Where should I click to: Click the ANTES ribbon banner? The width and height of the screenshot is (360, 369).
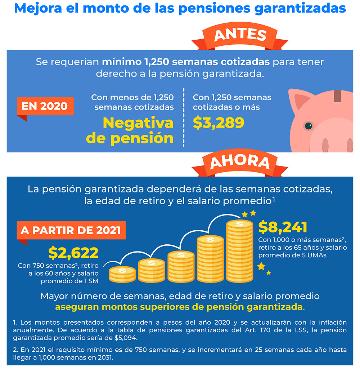(x=240, y=35)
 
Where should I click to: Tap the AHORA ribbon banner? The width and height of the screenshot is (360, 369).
(x=240, y=163)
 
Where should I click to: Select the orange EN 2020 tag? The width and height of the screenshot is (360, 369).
(x=45, y=106)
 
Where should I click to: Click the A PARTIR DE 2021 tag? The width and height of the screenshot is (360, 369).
(x=71, y=230)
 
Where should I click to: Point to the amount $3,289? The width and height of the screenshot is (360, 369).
(x=219, y=123)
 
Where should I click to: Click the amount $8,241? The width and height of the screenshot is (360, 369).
(x=283, y=227)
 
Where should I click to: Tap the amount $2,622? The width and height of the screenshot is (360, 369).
(x=73, y=253)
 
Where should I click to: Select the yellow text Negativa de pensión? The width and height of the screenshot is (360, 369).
(x=138, y=130)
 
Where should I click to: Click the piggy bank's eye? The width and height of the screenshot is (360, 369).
(x=308, y=126)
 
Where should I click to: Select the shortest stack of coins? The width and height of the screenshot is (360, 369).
(x=122, y=274)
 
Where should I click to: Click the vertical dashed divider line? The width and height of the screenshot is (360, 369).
(x=183, y=117)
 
